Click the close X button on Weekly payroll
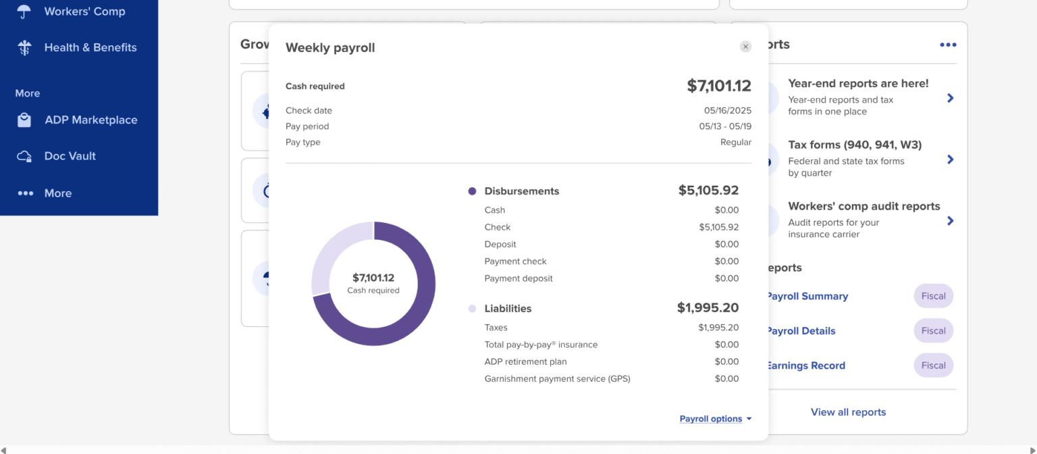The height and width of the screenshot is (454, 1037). tap(745, 47)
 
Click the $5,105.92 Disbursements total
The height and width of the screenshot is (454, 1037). tap(708, 191)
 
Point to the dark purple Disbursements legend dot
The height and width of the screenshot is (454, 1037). tap(472, 191)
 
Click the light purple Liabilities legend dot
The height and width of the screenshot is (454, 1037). tap(472, 309)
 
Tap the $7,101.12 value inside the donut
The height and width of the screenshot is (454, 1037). tap(373, 278)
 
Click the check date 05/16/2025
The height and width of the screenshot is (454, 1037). tap(727, 111)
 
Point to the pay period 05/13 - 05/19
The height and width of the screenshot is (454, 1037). tap(724, 126)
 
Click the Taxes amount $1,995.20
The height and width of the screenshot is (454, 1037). tap(718, 328)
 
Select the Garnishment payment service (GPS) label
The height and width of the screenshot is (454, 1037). tap(557, 379)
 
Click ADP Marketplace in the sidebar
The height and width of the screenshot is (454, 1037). tap(90, 120)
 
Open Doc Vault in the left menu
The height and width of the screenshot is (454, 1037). tap(70, 156)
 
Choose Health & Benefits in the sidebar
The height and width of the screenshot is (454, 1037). tap(90, 48)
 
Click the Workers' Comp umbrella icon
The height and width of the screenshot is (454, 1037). tap(24, 11)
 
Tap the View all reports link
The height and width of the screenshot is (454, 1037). tap(848, 412)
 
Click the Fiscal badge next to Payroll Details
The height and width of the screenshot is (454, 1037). tap(933, 331)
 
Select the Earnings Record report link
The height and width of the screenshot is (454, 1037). tap(805, 365)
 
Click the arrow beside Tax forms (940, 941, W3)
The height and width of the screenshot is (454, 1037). tap(950, 159)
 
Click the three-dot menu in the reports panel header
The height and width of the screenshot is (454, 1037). tap(948, 45)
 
